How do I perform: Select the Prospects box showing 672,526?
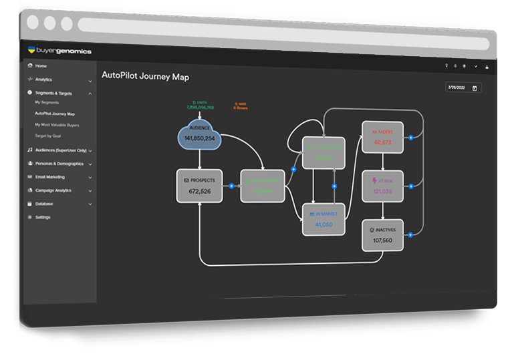[199, 186]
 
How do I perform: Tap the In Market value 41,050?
[324, 224]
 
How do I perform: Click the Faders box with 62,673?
[382, 138]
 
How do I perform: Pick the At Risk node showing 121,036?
[382, 187]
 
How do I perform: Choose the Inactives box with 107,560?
[382, 235]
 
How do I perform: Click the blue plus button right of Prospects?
[231, 186]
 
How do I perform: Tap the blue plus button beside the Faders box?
[411, 138]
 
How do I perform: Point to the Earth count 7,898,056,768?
[200, 107]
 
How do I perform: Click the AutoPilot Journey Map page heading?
[145, 77]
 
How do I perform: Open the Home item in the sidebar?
[41, 66]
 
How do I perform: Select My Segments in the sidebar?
[47, 103]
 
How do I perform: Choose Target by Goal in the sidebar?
[49, 136]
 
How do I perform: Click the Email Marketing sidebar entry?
[50, 177]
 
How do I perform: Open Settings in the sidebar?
[43, 217]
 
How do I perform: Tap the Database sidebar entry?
[44, 204]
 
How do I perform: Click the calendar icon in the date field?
[475, 88]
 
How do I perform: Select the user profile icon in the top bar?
[487, 67]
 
